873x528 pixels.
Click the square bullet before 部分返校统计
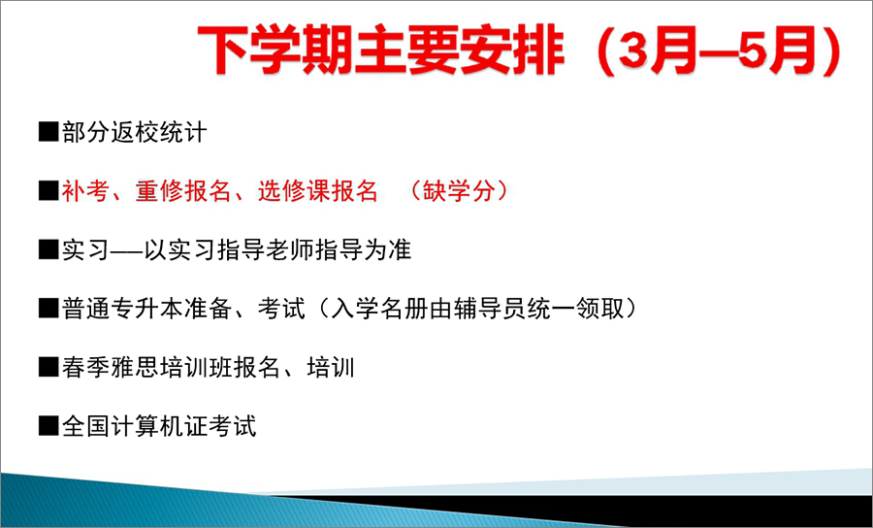coord(48,133)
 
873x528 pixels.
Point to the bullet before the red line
coord(48,191)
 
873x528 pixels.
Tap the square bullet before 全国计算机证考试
coord(48,427)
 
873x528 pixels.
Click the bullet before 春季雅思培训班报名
coord(48,368)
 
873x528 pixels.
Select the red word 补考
coord(84,191)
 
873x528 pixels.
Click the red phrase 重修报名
coord(182,191)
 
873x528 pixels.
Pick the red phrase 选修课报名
coord(317,191)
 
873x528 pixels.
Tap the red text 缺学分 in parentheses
coord(458,191)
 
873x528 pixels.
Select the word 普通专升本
coord(122,309)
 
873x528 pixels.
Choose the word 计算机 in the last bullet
coord(158,427)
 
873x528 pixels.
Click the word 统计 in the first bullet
coord(182,133)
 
